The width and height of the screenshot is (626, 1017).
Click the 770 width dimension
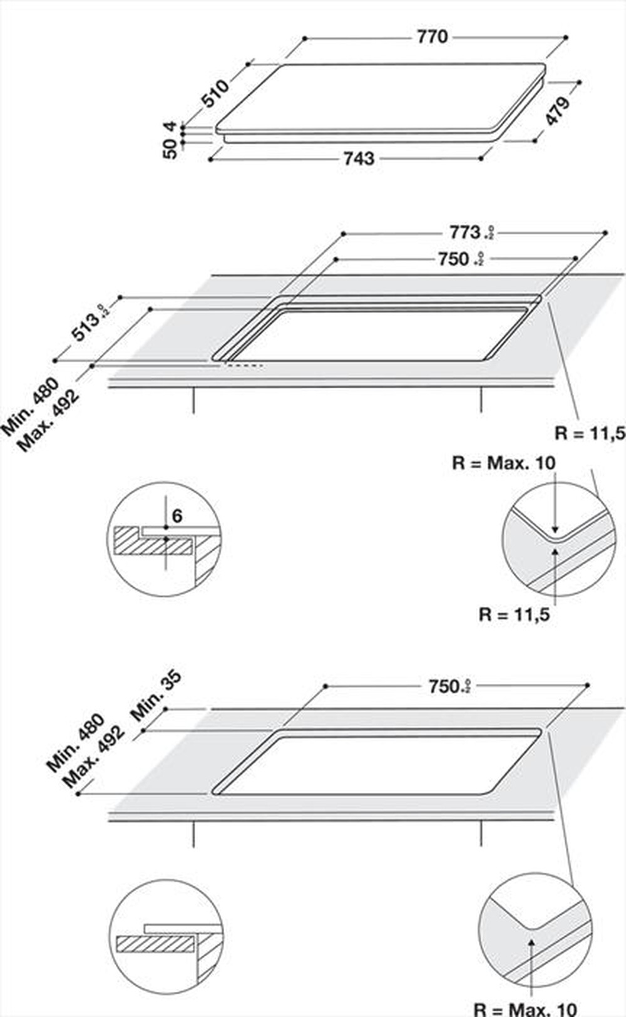tap(432, 37)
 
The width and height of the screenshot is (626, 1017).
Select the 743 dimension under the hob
tap(359, 158)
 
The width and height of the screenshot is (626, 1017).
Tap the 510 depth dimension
tap(215, 93)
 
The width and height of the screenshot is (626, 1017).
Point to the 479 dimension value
tap(557, 110)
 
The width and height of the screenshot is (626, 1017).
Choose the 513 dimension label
tap(86, 326)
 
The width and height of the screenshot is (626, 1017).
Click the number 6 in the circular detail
tap(177, 516)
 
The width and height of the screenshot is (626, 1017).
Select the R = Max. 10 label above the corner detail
tap(503, 463)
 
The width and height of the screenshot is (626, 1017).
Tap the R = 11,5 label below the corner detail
tap(514, 614)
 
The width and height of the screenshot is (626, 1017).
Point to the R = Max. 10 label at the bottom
tap(525, 1009)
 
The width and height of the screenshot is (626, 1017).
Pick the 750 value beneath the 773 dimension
tap(454, 258)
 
